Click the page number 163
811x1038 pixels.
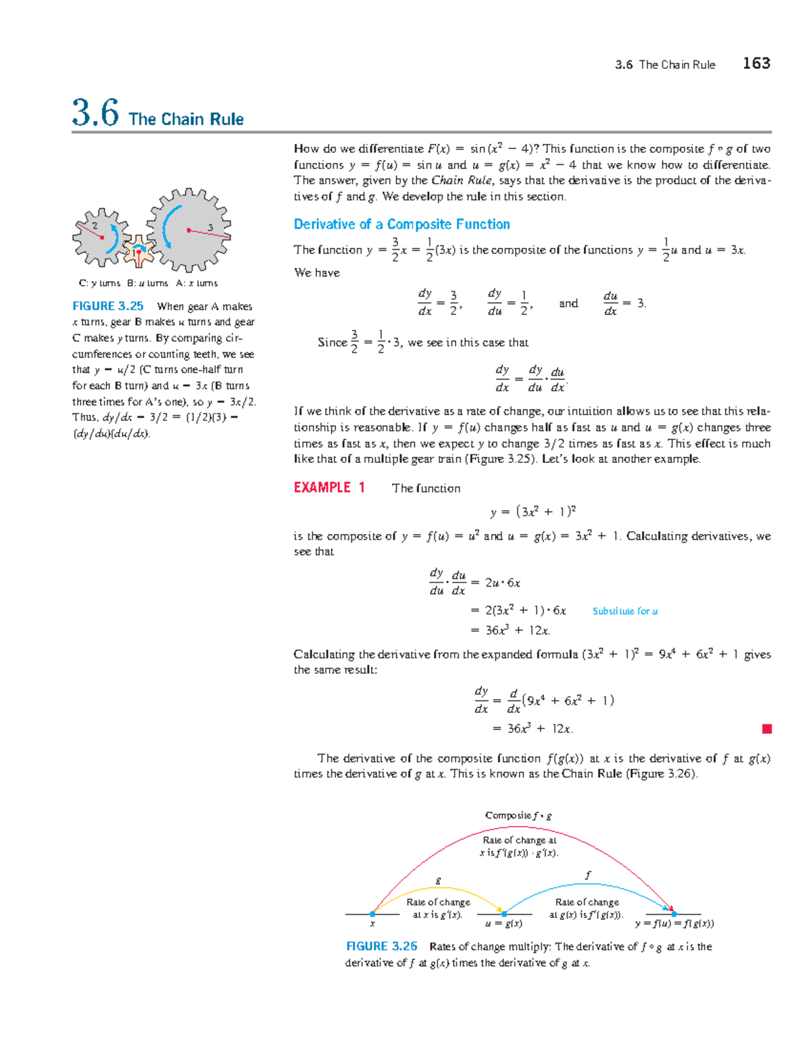tap(756, 64)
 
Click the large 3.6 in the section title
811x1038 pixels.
tap(95, 113)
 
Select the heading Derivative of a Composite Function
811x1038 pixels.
tap(401, 224)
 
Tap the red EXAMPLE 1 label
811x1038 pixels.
tap(329, 488)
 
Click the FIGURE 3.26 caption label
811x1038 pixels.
tap(381, 947)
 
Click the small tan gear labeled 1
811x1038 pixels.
tap(139, 252)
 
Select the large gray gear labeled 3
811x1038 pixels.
tap(189, 230)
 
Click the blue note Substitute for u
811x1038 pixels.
tap(625, 611)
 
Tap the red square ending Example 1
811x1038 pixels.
tap(766, 728)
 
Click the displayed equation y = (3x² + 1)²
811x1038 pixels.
tap(533, 512)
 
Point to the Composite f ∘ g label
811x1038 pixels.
tap(518, 816)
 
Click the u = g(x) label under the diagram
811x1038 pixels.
tap(504, 924)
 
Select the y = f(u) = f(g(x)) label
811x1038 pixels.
tap(674, 924)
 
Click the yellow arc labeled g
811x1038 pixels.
tap(439, 888)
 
